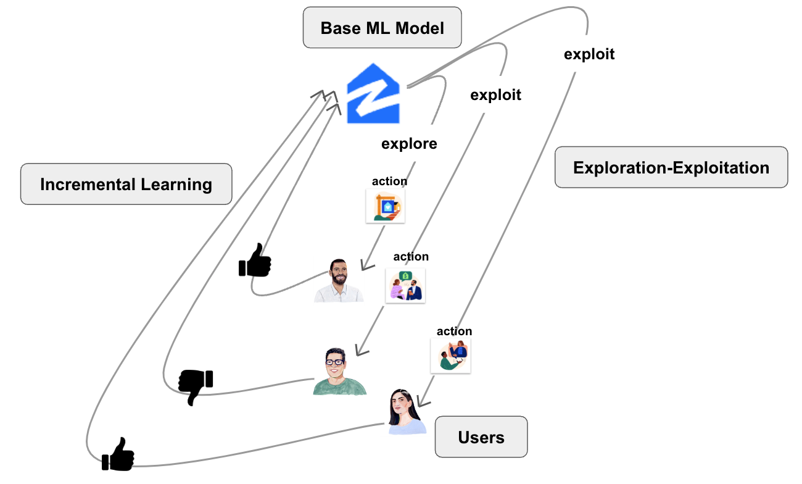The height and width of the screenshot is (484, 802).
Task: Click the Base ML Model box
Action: point(382,28)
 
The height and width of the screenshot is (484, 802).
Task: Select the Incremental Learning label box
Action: point(126,184)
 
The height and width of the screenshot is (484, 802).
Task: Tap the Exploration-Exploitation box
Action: point(671,167)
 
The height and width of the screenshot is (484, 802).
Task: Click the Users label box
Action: point(481,436)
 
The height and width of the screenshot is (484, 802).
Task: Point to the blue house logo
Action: point(373,94)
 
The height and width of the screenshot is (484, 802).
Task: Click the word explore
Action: point(409,144)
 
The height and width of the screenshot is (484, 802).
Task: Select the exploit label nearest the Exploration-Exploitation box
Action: point(589,54)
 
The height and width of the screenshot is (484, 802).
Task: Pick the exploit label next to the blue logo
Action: point(495,95)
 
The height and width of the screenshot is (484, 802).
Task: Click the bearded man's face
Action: point(338,273)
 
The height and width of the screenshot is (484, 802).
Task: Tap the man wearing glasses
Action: point(339,371)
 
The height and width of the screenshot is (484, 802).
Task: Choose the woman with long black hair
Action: point(407,411)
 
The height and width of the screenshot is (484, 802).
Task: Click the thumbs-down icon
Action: point(195,386)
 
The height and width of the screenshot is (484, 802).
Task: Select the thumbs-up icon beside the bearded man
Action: point(255,261)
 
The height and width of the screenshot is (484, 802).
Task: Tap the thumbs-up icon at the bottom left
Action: point(118,454)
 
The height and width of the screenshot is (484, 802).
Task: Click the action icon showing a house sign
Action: point(385,206)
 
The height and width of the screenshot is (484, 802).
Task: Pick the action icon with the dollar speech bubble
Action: point(405,286)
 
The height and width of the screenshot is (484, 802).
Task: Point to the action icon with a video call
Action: point(450,356)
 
